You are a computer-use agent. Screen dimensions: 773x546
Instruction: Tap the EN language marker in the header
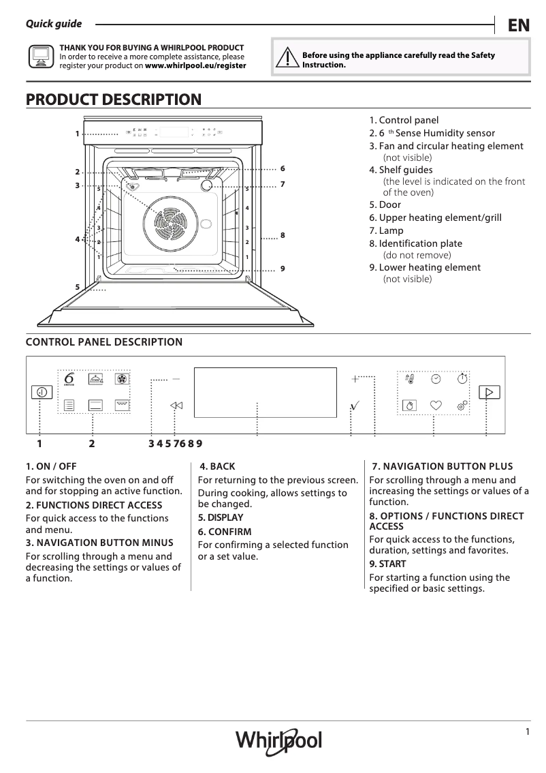518,25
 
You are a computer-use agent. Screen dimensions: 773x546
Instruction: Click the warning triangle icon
288,59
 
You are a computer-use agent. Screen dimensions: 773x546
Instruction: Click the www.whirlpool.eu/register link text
196,66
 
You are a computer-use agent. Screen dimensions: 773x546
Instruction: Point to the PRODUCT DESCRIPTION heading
114,100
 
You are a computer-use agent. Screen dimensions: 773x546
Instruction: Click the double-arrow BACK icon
176,406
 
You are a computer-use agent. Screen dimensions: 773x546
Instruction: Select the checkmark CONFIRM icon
353,406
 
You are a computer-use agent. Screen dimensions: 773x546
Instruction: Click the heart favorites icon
436,405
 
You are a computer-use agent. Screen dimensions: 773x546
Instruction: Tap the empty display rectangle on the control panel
266,392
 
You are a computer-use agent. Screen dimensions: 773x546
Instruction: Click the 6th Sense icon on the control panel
69,379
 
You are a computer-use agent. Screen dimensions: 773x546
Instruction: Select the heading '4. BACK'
217,466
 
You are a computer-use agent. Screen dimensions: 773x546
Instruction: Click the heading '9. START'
387,564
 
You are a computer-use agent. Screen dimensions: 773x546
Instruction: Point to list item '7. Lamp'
386,230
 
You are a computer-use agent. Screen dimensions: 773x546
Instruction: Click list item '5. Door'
385,204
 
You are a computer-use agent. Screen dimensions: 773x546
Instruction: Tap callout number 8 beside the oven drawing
283,235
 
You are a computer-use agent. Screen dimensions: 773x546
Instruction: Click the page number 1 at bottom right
527,732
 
